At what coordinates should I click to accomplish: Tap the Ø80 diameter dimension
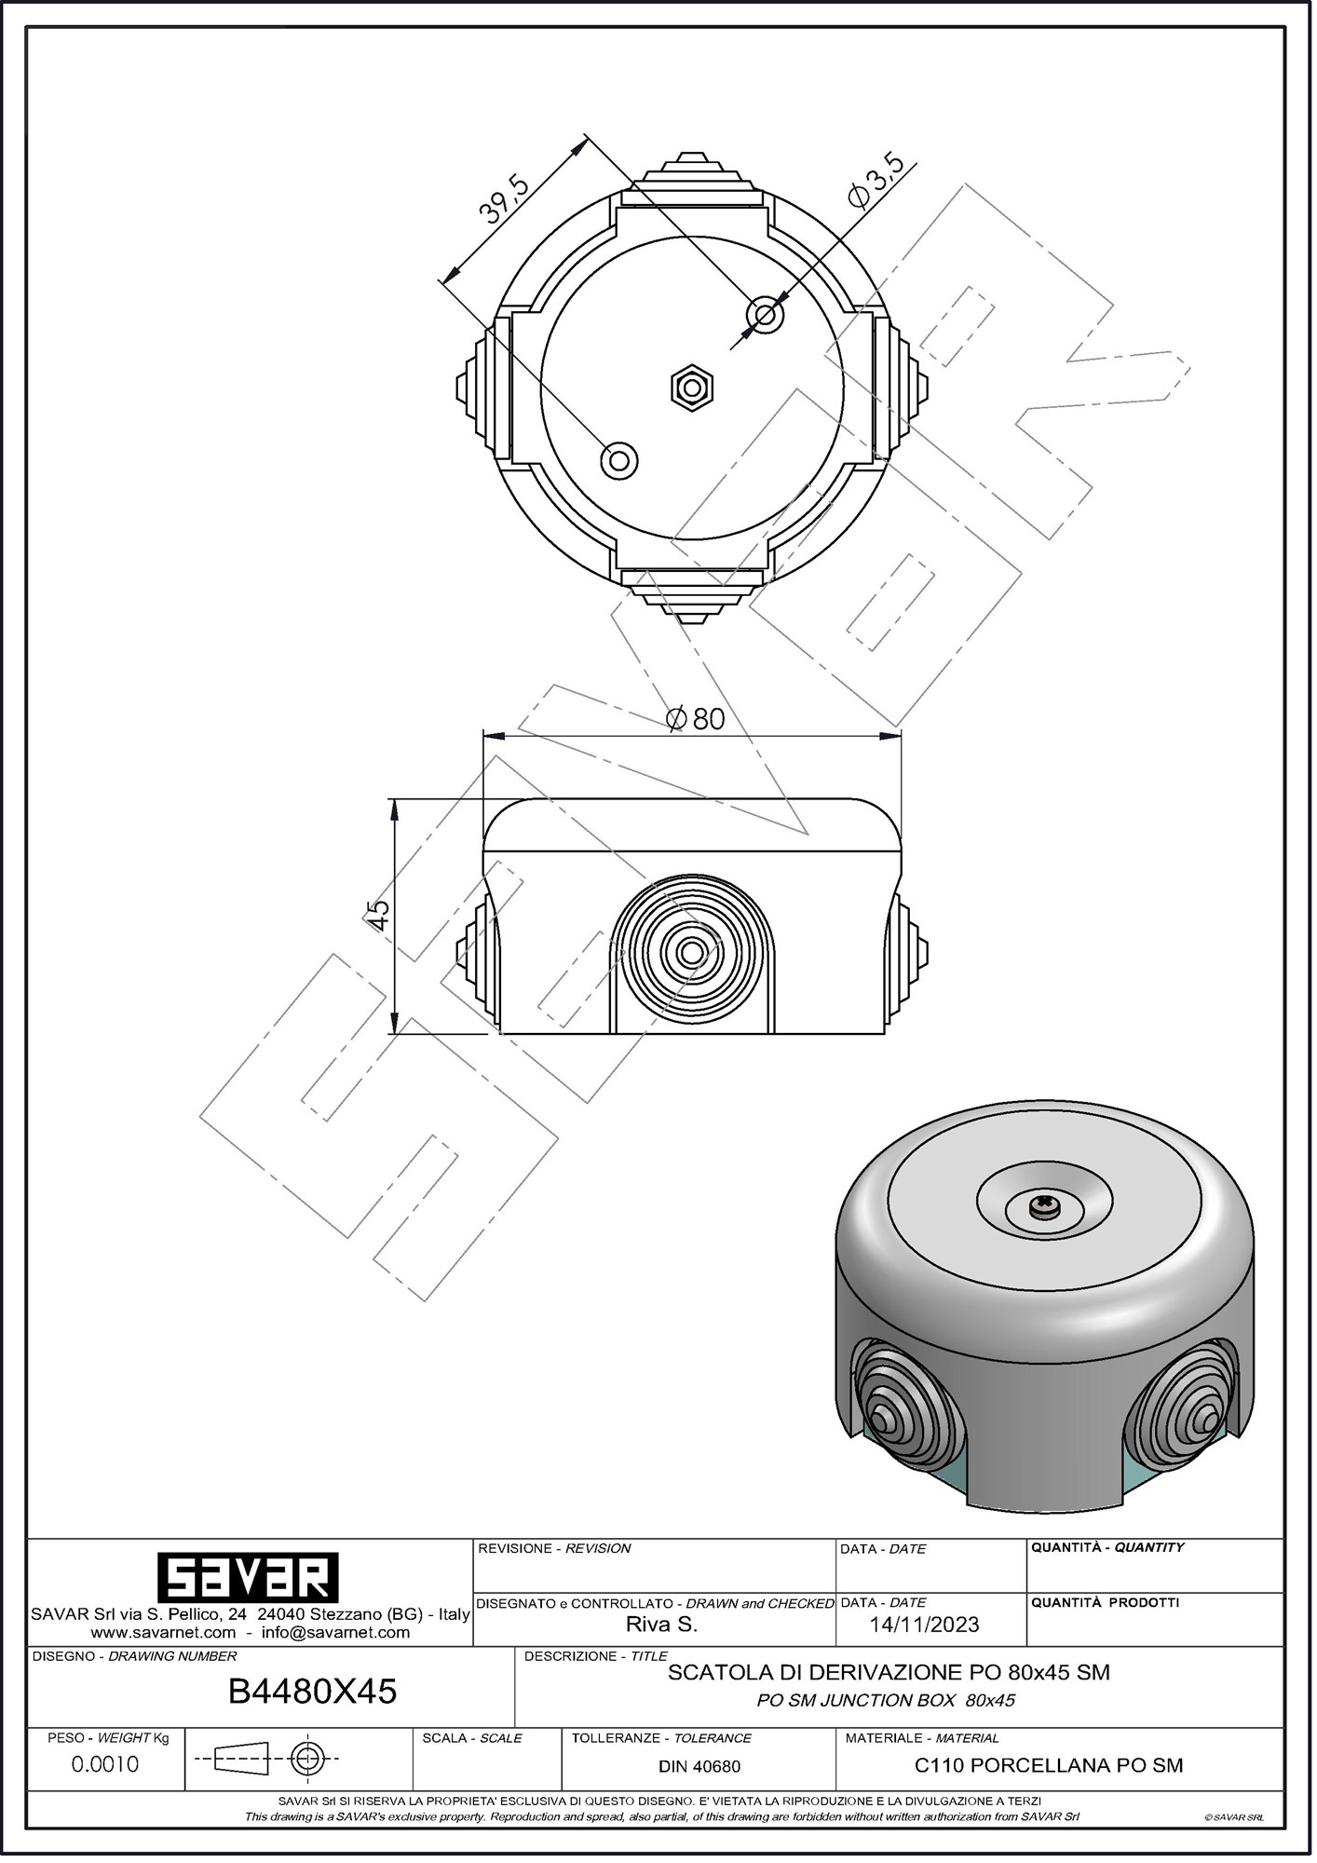(696, 718)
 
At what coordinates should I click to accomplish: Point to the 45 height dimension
(378, 915)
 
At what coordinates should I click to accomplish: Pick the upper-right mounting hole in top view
(766, 315)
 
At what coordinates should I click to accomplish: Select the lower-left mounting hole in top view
(619, 459)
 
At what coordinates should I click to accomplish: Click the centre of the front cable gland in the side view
(691, 952)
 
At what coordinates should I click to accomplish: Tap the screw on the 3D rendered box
(1042, 1207)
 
